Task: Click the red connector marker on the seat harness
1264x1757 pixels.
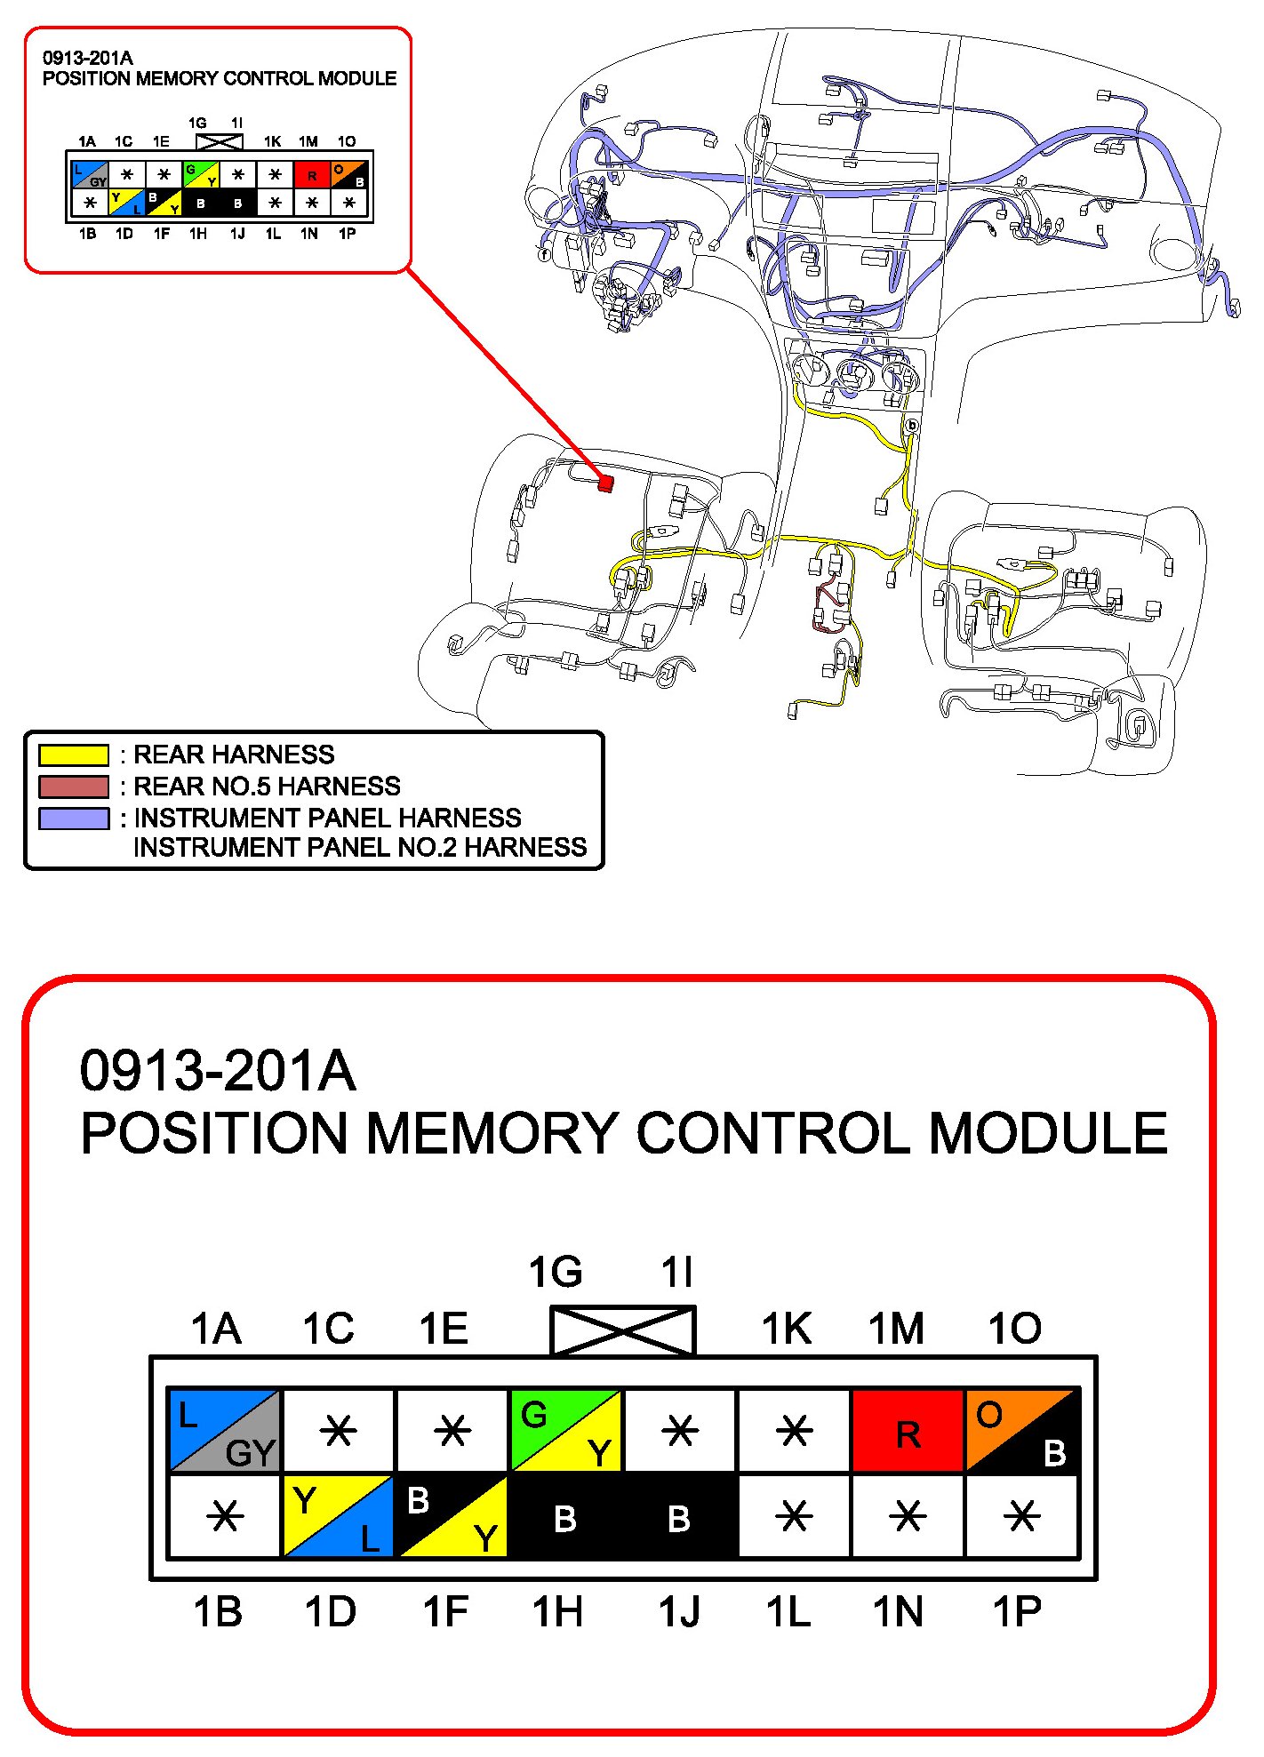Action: (x=606, y=483)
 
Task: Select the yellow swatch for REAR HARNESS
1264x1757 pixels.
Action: (x=73, y=755)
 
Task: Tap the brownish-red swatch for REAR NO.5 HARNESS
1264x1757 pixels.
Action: (x=73, y=787)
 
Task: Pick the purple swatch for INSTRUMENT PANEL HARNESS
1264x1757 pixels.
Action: (x=73, y=818)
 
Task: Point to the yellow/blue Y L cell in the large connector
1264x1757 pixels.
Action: (x=338, y=1516)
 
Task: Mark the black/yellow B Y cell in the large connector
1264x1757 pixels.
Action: (x=452, y=1516)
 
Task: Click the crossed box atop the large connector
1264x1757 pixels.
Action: (x=622, y=1330)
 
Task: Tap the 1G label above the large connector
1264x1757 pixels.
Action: (x=556, y=1273)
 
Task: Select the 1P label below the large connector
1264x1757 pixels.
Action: (x=1017, y=1611)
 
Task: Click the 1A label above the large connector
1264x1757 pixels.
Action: (x=216, y=1330)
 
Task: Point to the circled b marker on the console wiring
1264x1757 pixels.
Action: (x=911, y=426)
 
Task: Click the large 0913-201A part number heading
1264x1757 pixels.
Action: (x=218, y=1071)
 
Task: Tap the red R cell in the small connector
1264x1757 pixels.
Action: (x=311, y=175)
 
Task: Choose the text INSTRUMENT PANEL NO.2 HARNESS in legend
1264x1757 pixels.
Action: (x=360, y=847)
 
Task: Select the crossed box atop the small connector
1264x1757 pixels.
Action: (x=219, y=141)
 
